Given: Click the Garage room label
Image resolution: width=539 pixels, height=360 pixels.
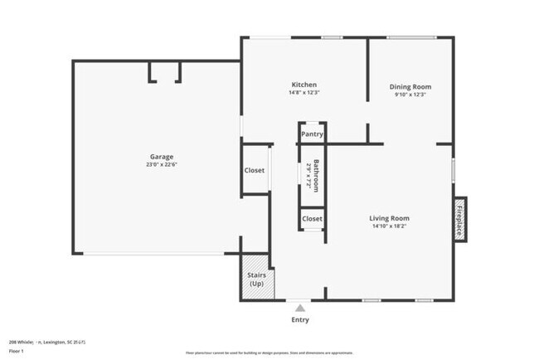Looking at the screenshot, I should point(162,156).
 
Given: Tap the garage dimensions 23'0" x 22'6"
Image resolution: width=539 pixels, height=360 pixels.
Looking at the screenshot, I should point(162,164).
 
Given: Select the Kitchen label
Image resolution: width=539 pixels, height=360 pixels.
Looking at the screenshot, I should point(303,85).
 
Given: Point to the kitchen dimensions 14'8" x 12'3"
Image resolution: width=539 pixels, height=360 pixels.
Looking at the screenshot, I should point(303,93).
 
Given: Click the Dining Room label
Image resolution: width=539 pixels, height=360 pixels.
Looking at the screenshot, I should point(410,86).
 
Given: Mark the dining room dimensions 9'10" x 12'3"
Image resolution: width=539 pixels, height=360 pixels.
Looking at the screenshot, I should point(410,95).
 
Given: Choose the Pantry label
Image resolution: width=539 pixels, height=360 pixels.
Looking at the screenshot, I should point(312,134).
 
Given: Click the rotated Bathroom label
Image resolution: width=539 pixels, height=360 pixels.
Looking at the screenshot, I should point(316,176).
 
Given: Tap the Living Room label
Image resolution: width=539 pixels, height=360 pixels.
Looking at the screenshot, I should point(389,218).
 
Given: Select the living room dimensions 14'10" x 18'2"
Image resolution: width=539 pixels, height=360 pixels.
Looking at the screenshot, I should point(389,226).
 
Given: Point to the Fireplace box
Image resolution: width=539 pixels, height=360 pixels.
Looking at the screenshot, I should point(459,218).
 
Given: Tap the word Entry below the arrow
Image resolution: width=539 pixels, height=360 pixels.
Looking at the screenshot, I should point(299,319).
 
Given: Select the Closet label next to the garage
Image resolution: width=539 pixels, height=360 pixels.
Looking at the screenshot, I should point(255,171).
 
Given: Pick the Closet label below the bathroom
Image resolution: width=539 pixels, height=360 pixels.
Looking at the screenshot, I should point(312,219).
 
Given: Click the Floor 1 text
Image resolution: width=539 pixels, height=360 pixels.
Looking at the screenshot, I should point(17,351).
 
